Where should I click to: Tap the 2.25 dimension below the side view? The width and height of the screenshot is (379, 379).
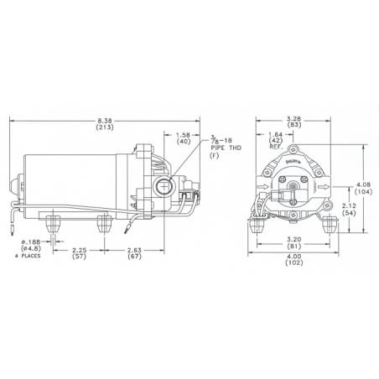pos(78,249)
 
